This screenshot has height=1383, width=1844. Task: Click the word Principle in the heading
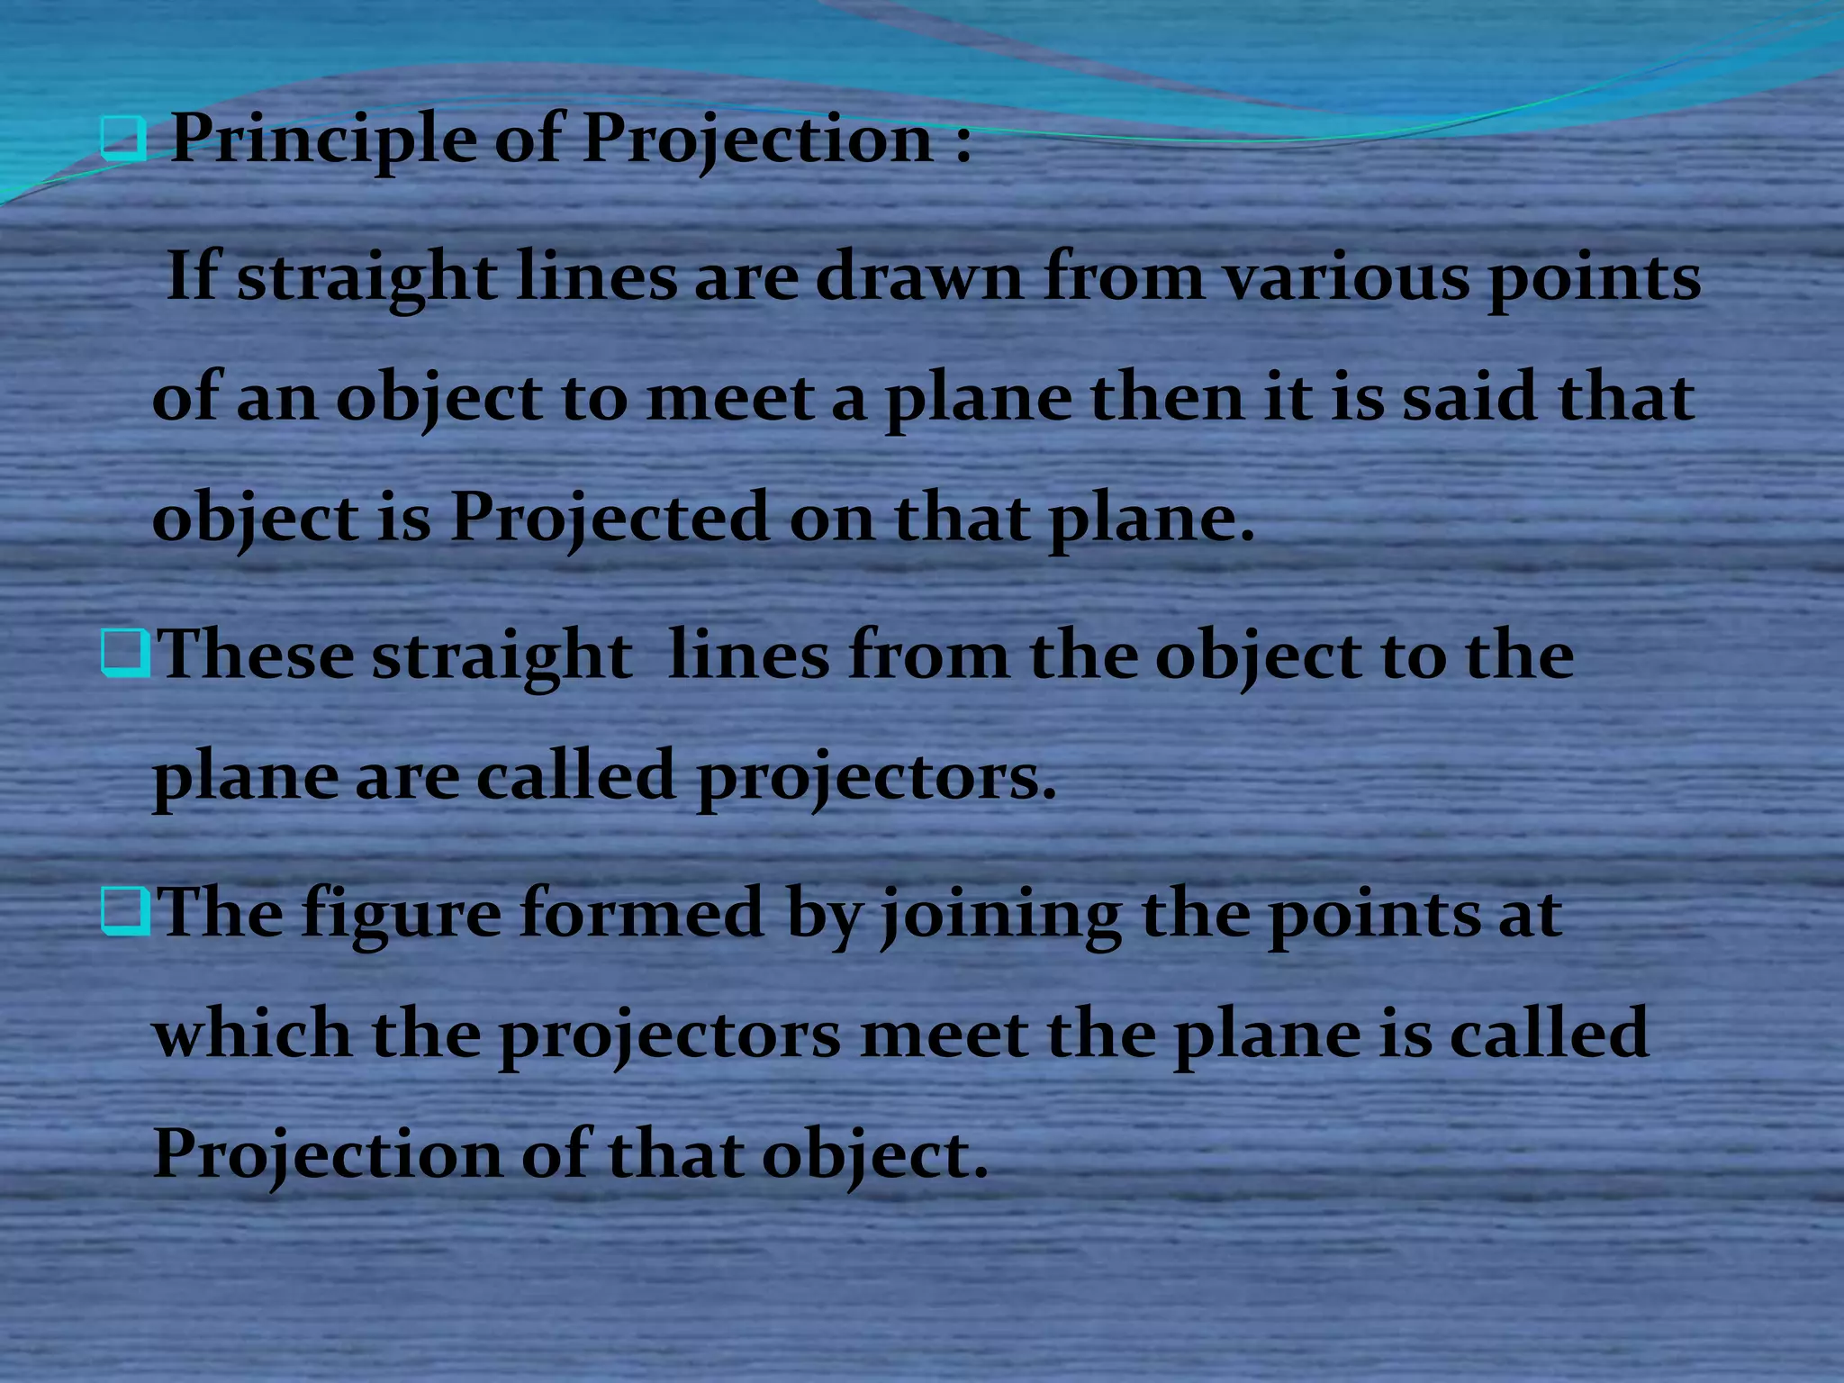(323, 140)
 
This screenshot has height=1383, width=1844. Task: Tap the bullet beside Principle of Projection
(122, 140)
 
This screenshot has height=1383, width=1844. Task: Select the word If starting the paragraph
(192, 276)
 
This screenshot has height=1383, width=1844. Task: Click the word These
(256, 655)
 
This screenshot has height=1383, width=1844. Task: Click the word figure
(401, 914)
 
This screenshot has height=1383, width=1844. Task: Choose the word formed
(642, 912)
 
